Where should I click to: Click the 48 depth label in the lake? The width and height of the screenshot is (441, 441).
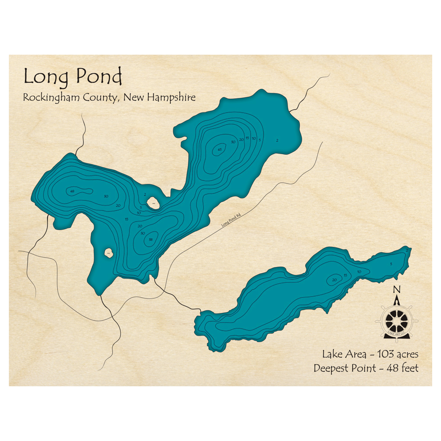[x=72, y=191]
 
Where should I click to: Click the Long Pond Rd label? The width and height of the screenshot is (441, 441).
[x=232, y=219]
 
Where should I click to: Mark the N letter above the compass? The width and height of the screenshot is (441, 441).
[x=396, y=290]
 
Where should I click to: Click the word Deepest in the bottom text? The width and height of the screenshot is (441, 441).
[x=331, y=368]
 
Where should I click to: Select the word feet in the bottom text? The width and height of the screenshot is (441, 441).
[x=409, y=368]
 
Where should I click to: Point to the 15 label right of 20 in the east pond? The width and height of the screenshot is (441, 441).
[x=346, y=276]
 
